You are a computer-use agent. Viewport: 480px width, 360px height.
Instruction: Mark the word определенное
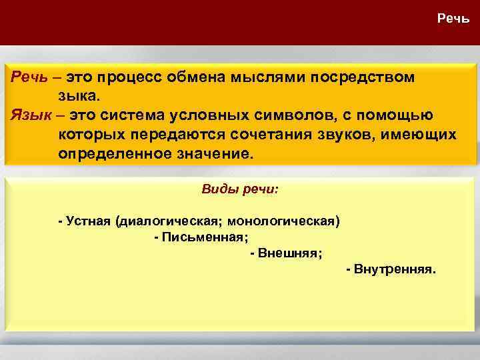[x=115, y=154]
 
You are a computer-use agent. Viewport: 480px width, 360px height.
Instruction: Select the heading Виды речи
[x=240, y=189]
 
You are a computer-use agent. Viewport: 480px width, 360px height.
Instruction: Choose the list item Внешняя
[x=289, y=253]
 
